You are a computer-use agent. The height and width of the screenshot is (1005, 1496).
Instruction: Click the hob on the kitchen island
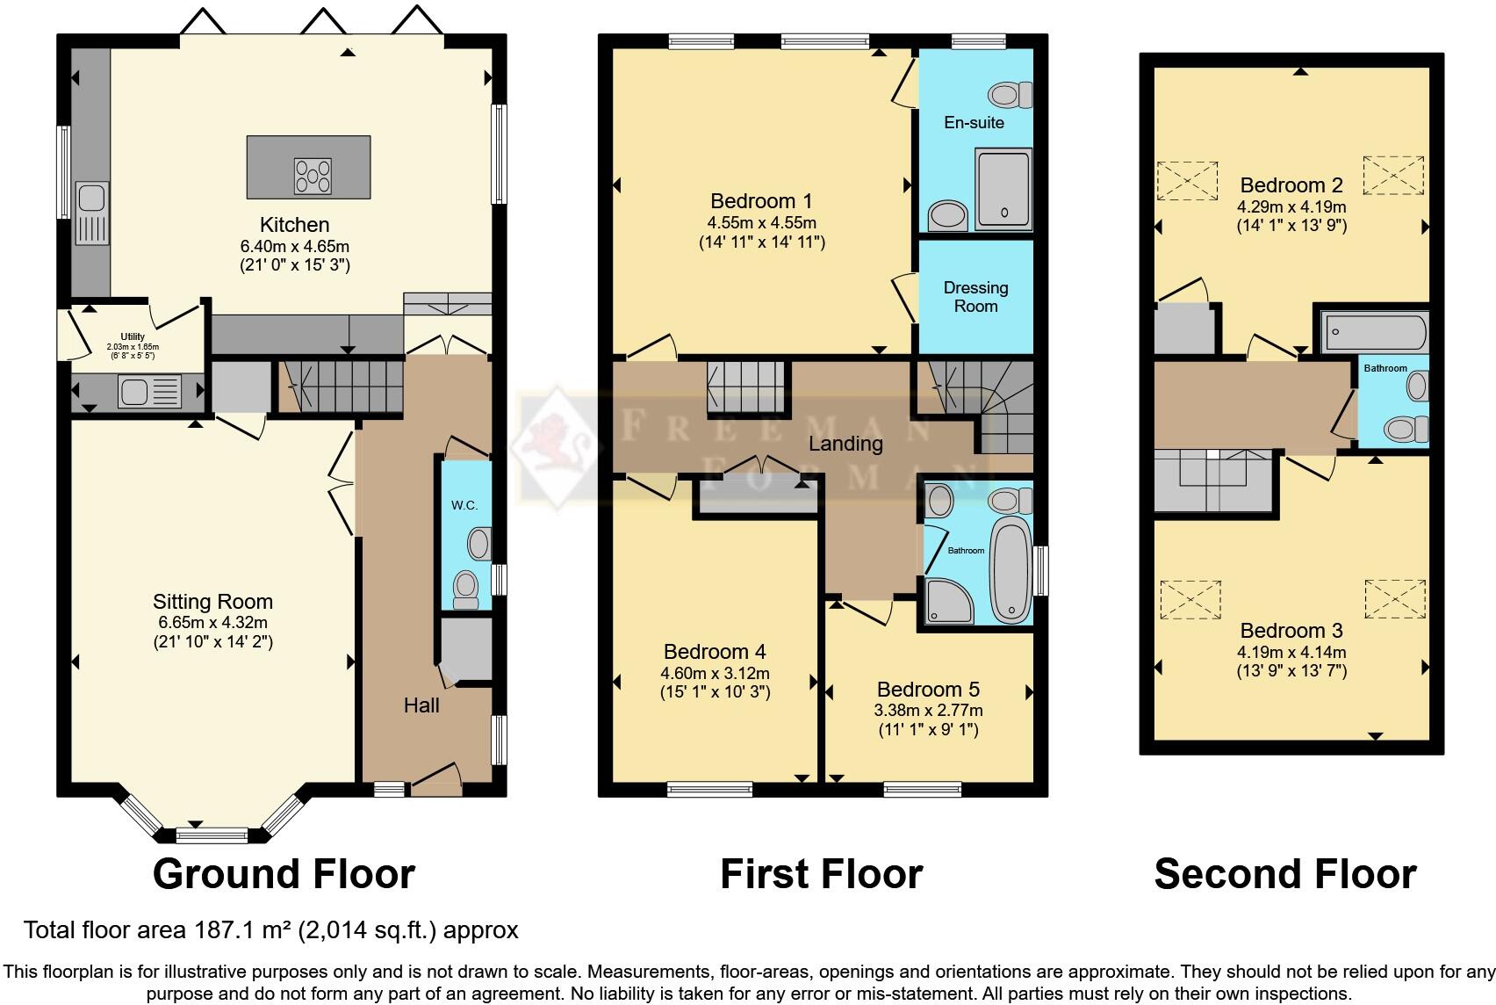[313, 176]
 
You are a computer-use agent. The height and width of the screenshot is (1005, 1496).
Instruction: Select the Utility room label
[133, 336]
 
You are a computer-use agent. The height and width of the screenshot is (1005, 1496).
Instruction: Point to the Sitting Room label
[212, 602]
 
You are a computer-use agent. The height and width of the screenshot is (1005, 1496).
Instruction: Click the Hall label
[421, 705]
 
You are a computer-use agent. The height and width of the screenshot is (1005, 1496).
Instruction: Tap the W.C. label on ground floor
[464, 505]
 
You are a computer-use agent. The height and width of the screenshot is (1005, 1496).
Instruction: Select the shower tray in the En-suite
[1003, 189]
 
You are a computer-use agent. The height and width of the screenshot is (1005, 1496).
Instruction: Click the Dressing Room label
[975, 297]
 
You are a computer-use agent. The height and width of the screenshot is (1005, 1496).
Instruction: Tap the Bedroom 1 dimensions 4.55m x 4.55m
[761, 222]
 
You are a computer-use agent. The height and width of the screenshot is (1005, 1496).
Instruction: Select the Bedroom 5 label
[928, 690]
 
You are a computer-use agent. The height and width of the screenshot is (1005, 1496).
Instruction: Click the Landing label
[845, 444]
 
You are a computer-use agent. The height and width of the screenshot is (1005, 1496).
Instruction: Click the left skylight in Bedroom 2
[1187, 180]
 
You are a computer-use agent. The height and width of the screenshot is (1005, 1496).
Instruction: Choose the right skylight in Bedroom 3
[1394, 598]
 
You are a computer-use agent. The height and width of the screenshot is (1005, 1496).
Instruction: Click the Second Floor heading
[1284, 874]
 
